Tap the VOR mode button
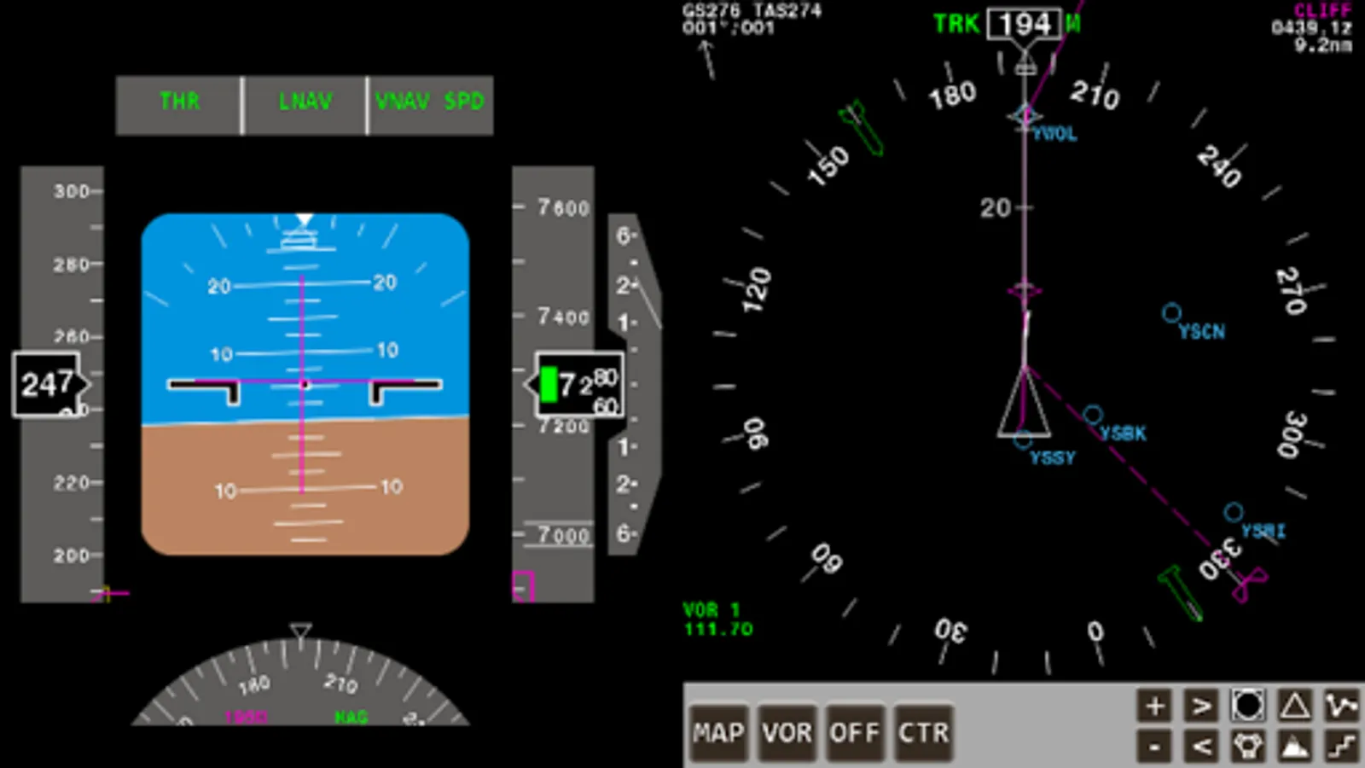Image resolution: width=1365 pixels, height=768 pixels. click(x=787, y=733)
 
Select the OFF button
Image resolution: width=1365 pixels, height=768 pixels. click(x=854, y=733)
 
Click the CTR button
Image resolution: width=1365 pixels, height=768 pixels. click(x=923, y=733)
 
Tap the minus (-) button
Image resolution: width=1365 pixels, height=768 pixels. click(x=1154, y=748)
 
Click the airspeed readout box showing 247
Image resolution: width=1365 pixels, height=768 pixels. click(x=48, y=385)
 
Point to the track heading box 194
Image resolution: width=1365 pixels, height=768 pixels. click(x=1025, y=24)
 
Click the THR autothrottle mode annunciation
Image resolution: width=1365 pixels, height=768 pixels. click(x=179, y=102)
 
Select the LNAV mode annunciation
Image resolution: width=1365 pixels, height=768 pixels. click(x=305, y=102)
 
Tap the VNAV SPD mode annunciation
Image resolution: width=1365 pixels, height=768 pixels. click(x=430, y=102)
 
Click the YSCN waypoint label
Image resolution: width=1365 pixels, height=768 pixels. click(x=1201, y=332)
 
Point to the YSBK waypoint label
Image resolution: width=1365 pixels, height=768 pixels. click(x=1123, y=433)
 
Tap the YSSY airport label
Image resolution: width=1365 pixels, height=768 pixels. click(x=1053, y=458)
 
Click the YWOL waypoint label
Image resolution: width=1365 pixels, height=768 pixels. click(x=1054, y=134)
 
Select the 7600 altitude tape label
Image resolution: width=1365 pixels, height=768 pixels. click(x=563, y=207)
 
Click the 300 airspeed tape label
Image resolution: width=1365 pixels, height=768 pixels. click(x=71, y=192)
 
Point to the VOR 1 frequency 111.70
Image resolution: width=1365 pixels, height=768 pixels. click(x=718, y=630)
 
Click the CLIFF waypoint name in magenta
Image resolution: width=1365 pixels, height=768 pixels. click(x=1322, y=10)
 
